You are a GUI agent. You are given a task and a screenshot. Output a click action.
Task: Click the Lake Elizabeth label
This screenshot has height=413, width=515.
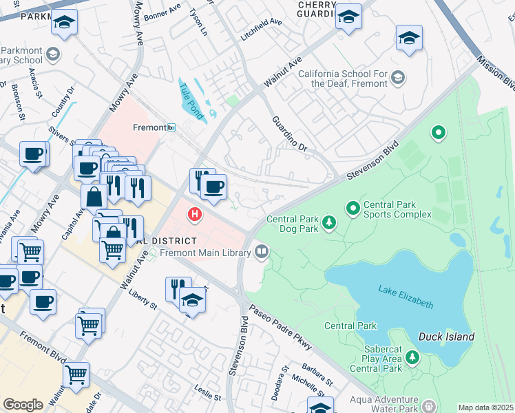pos(406,297)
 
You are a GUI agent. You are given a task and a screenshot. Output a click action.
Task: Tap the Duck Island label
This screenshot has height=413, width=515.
pos(446,337)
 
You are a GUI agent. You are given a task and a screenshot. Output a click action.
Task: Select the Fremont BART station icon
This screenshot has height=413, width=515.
pos(171,127)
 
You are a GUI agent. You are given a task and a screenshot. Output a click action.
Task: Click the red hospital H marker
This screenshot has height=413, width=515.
pos(196,215)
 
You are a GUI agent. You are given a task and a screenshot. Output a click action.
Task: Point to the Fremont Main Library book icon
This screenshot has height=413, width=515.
pos(261,253)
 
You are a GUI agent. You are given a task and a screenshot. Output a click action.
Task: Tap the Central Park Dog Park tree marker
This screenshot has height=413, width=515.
pos(330,222)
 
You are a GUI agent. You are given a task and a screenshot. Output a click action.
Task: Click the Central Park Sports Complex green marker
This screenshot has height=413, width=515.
pos(353,206)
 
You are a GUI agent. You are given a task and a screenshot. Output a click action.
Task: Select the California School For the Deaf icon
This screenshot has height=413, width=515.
pos(397,78)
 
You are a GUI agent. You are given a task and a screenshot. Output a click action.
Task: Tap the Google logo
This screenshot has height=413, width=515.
pos(23,405)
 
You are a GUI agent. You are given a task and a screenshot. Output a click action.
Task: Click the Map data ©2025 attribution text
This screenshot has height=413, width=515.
pos(485,407)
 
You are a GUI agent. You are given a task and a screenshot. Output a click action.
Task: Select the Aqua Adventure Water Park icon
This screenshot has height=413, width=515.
pos(429,407)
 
